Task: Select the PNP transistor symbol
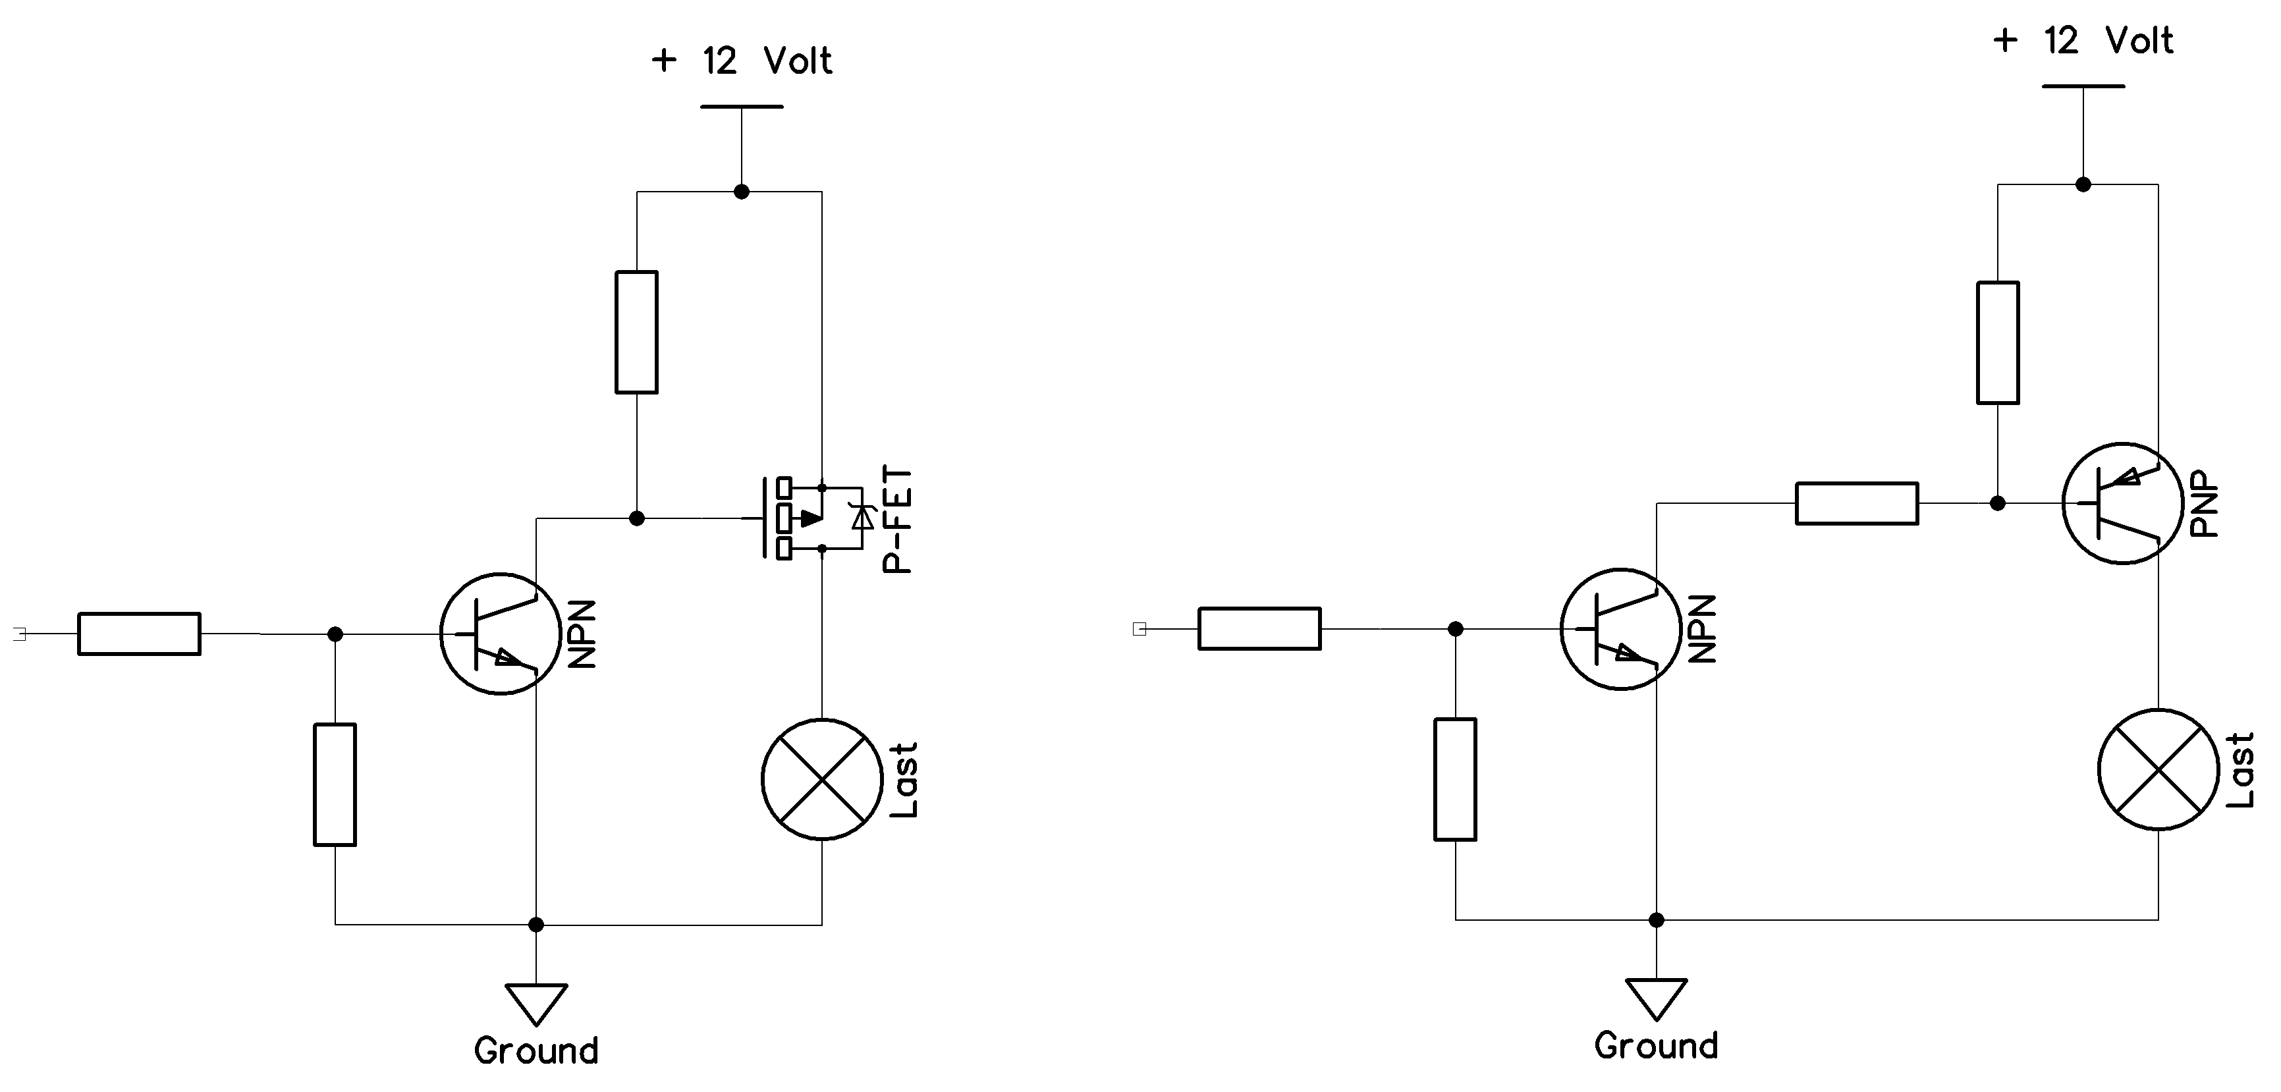pyautogui.click(x=2122, y=503)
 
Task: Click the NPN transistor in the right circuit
pyautogui.click(x=1620, y=629)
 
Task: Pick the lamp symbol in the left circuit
pyautogui.click(x=822, y=779)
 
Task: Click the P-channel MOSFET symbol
pyautogui.click(x=810, y=518)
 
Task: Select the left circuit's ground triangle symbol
pyautogui.click(x=536, y=1004)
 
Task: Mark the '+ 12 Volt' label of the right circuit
pyautogui.click(x=2083, y=41)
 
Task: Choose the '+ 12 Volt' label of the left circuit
pyautogui.click(x=741, y=61)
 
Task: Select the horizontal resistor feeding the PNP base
pyautogui.click(x=1856, y=503)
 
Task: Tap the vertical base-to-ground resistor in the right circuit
pyautogui.click(x=1455, y=779)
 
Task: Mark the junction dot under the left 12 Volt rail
pyautogui.click(x=741, y=191)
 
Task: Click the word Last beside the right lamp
pyautogui.click(x=2240, y=770)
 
